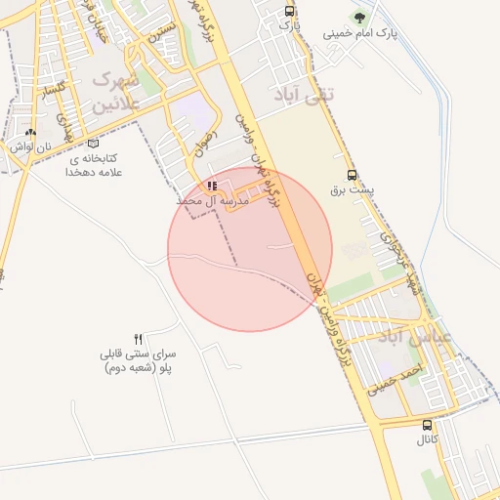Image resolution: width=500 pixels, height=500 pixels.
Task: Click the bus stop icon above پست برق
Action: coord(352,176)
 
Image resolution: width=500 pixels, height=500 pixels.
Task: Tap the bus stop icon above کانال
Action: coord(427,425)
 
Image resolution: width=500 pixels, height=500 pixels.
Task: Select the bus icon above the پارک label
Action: coord(289,11)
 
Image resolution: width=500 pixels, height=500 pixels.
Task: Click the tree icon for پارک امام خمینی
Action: coord(359,17)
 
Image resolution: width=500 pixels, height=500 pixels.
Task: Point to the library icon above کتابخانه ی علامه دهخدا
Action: coord(93,143)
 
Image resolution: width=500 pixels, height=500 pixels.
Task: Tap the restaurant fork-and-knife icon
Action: coord(138,338)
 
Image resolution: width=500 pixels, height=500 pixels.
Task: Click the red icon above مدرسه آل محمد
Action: coord(212,185)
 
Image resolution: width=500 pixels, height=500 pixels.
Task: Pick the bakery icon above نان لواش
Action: coord(30,132)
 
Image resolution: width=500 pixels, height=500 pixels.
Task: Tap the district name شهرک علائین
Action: coord(116,90)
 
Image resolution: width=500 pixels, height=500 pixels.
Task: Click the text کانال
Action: coord(428,441)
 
